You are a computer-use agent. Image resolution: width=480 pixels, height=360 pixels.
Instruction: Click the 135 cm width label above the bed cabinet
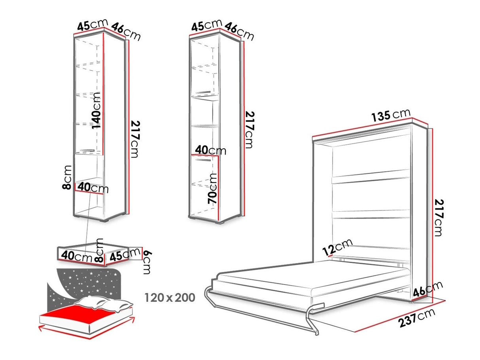click(x=391, y=115)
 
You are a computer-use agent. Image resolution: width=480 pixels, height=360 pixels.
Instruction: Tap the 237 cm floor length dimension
click(x=417, y=318)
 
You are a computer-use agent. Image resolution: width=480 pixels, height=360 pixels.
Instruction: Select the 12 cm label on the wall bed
click(x=338, y=247)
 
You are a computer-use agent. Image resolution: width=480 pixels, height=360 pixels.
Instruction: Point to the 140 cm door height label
click(x=96, y=111)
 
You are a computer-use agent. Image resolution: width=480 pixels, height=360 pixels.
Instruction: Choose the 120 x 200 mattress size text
click(x=170, y=297)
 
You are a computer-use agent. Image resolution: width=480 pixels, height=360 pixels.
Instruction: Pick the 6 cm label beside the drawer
click(x=147, y=262)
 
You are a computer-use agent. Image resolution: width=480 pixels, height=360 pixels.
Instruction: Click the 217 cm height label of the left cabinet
click(x=135, y=139)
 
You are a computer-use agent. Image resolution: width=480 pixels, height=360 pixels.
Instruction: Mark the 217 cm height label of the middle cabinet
click(x=250, y=130)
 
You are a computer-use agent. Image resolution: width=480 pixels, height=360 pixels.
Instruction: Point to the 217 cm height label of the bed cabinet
click(x=438, y=218)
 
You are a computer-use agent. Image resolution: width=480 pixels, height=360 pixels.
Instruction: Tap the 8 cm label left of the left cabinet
click(x=67, y=177)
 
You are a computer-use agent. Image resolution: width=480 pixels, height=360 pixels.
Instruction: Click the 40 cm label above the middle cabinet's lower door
click(x=210, y=150)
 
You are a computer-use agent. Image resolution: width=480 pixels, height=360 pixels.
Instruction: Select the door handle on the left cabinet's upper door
click(x=87, y=150)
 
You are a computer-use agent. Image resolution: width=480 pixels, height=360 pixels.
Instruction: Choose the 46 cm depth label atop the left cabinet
click(x=126, y=32)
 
